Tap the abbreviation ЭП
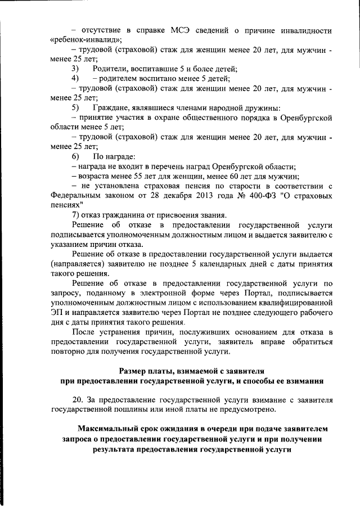(56, 313)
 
